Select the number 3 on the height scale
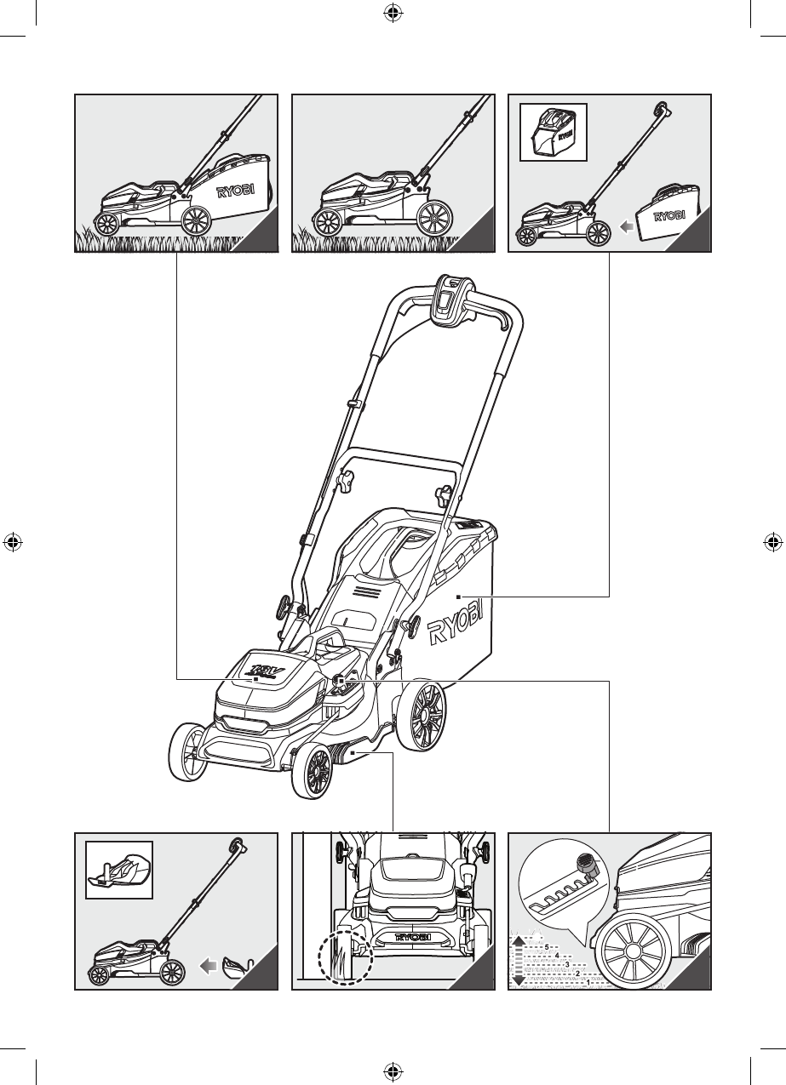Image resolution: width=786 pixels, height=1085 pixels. tap(566, 963)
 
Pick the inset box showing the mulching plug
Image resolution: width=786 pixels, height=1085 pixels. tap(120, 870)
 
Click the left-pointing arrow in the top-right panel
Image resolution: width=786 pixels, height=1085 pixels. tap(626, 227)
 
